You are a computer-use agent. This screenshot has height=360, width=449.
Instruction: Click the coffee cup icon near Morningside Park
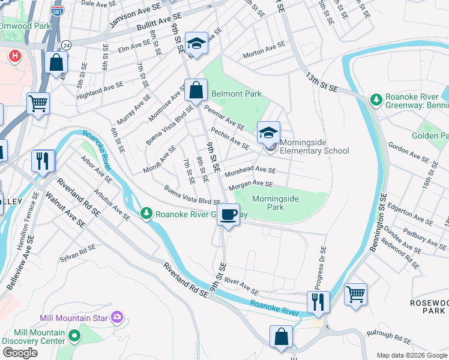click(228, 215)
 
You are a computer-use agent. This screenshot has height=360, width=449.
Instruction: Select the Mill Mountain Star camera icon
click(116, 316)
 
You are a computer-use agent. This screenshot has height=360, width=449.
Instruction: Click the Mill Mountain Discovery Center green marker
click(74, 335)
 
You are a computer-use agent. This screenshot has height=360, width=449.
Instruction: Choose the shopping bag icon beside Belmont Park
click(196, 91)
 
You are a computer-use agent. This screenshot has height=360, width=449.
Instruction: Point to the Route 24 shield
click(65, 45)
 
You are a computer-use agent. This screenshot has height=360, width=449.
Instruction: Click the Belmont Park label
click(236, 94)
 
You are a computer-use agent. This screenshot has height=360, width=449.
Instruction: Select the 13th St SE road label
click(322, 83)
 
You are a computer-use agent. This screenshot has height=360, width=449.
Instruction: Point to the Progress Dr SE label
click(319, 267)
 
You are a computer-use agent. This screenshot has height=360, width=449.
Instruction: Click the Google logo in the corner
click(20, 353)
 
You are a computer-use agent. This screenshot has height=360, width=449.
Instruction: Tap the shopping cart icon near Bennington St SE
click(355, 295)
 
